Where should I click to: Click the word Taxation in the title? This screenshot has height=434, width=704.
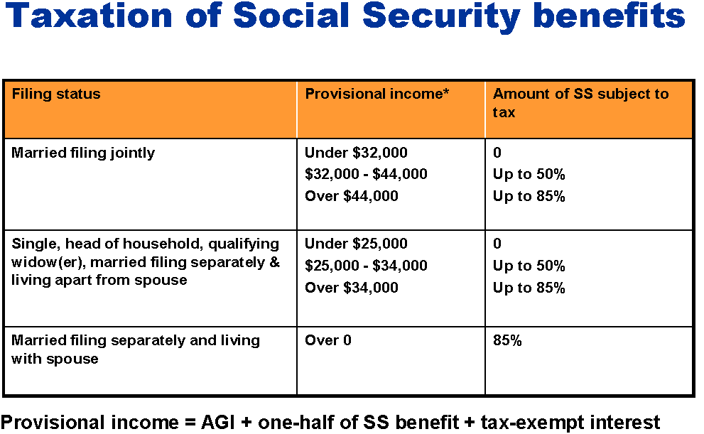89,15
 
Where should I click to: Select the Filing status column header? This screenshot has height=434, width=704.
56,94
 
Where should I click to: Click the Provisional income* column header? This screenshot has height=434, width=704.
377,94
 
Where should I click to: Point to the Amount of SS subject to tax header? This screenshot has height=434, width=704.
580,103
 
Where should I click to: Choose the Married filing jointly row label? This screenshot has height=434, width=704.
83,153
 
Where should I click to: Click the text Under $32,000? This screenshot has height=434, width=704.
356,153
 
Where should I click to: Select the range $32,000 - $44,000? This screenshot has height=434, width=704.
366,174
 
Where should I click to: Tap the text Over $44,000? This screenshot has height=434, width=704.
352,196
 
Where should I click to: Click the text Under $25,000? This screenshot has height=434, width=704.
356,244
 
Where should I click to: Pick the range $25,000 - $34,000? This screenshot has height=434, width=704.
366,266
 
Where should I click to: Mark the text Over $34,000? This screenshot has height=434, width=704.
352,288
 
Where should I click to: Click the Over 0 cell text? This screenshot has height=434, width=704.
328,340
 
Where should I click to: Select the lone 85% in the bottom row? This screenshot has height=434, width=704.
507,340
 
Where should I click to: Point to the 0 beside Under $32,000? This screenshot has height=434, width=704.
497,153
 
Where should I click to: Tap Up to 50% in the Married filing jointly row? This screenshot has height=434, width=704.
529,174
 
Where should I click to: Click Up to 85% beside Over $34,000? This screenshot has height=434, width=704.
529,288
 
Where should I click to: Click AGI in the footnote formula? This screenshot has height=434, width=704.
218,423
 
